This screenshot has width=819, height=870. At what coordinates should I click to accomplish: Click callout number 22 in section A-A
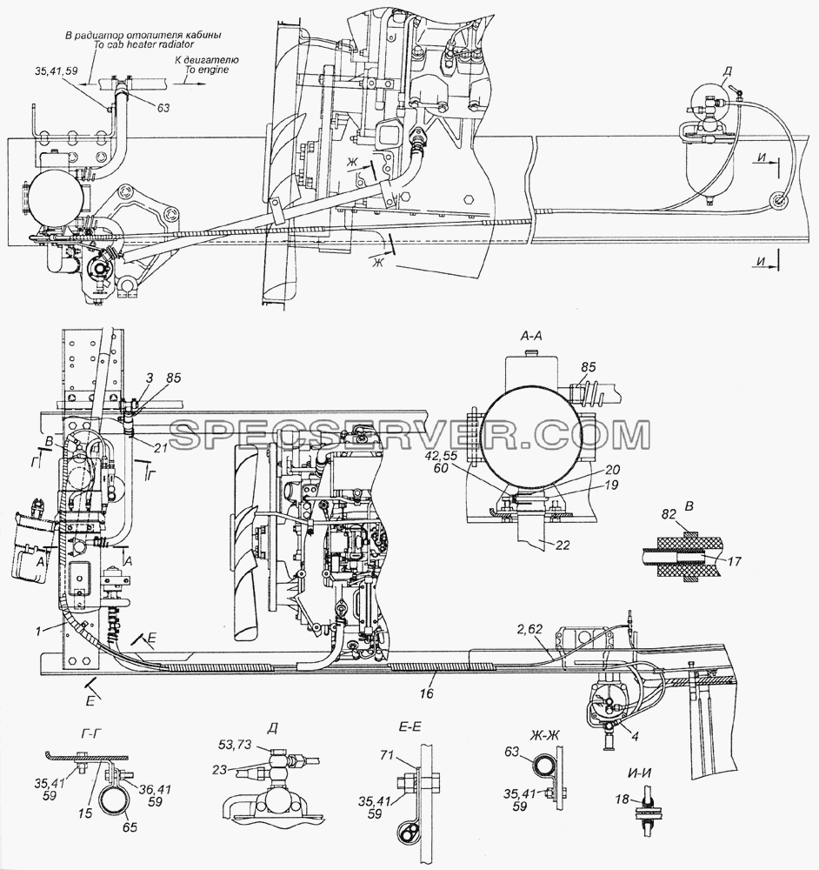tap(562, 545)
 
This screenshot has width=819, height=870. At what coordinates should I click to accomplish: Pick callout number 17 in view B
tap(734, 561)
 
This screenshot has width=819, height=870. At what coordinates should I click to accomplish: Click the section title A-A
tap(531, 336)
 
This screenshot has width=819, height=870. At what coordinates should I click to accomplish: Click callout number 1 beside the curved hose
tap(38, 630)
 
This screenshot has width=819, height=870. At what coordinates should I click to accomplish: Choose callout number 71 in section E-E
tap(386, 754)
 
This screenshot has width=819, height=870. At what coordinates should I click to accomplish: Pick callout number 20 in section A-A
tap(613, 470)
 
